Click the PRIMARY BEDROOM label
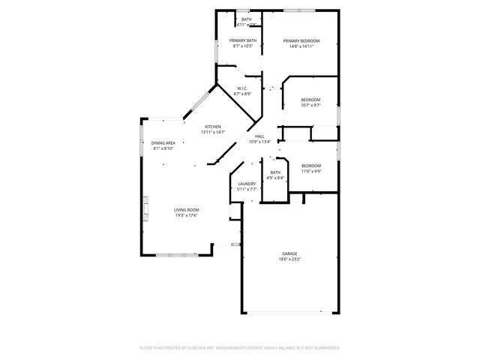pos(301,40)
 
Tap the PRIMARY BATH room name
pos(242,40)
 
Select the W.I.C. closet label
pos(243,88)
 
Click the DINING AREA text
pos(163,142)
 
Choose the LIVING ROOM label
pos(187,210)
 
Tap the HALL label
pos(259,136)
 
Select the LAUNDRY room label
pos(247,184)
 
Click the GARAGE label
pos(290,253)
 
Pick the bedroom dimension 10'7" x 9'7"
pos(310,106)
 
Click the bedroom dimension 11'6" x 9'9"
pos(310,171)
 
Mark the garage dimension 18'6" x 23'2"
pos(290,259)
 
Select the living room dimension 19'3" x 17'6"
pos(187,216)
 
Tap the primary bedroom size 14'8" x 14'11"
pos(301,46)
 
